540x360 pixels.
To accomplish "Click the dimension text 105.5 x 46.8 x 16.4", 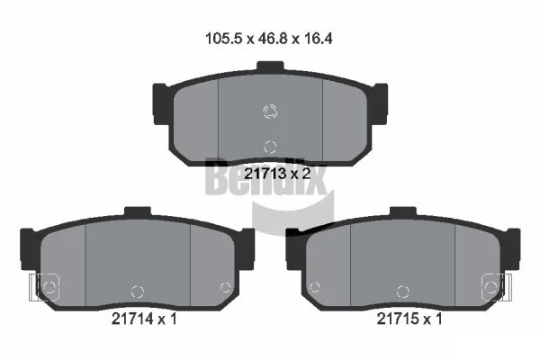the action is tap(268, 38).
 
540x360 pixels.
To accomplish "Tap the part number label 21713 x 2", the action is tap(277, 174).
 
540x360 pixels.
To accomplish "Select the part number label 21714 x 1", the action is tap(144, 319).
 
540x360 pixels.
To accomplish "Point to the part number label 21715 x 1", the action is tap(409, 319).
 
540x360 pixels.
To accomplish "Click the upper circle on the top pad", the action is tap(270, 111).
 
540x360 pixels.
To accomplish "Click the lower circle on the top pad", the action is tap(270, 147).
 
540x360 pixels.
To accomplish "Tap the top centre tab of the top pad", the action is tap(270, 67).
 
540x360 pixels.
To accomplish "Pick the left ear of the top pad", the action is tap(161, 103).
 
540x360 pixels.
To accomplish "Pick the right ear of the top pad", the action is tap(379, 103).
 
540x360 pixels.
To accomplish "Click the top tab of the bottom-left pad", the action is tap(138, 211).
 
